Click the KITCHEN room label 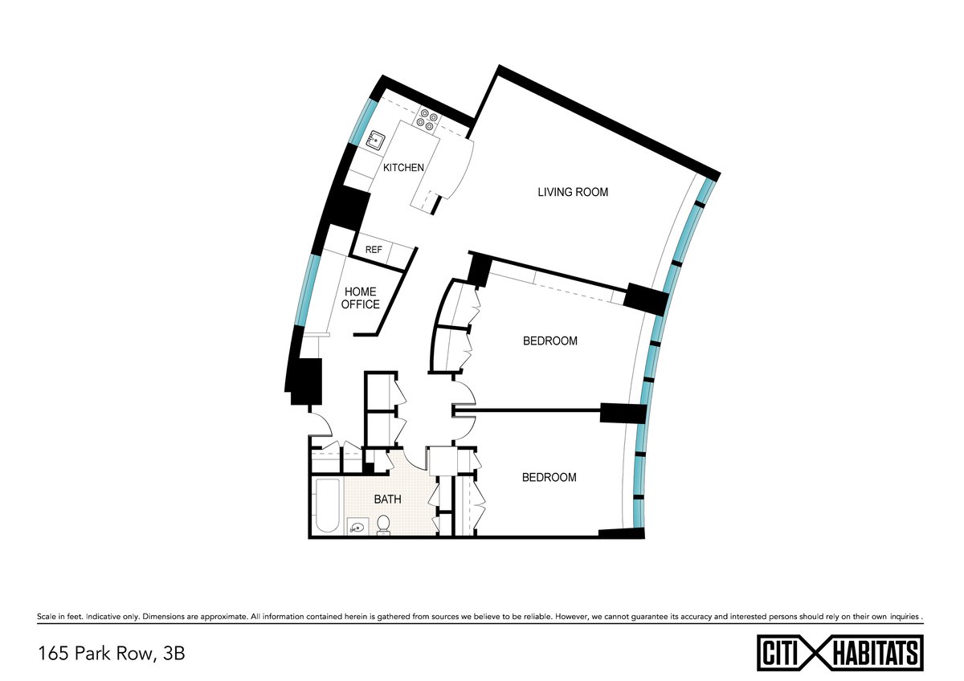(403, 167)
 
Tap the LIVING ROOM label (573, 192)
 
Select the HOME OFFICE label (360, 298)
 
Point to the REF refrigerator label (374, 250)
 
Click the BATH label (387, 499)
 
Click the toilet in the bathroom (383, 525)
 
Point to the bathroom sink (357, 526)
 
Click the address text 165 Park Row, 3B (112, 654)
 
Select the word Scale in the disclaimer (46, 617)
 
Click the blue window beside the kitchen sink (360, 122)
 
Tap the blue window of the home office (311, 291)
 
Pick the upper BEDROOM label (550, 340)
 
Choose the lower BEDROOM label (549, 477)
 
